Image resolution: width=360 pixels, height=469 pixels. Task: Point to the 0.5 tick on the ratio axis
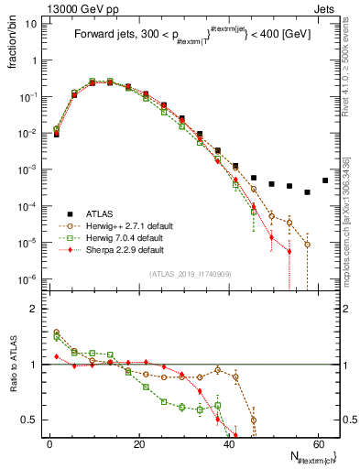(31, 420)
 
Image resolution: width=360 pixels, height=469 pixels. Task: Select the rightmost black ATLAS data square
(325, 180)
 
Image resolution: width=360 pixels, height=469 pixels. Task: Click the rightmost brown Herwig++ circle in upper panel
(308, 245)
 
